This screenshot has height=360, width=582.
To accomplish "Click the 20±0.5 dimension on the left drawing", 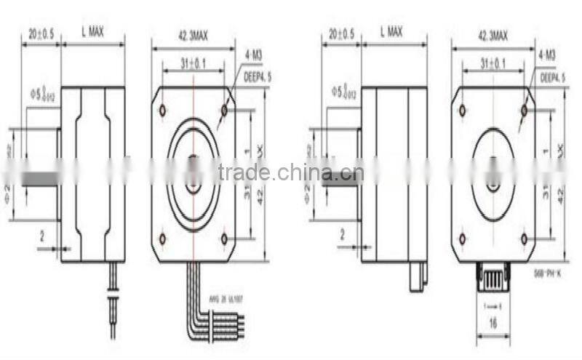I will pyautogui.click(x=41, y=33).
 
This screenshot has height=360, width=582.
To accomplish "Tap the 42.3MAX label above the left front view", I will pyautogui.click(x=193, y=35).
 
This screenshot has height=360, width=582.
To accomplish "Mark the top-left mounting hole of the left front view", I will pyautogui.click(x=162, y=111).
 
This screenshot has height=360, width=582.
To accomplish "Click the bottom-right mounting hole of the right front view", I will pyautogui.click(x=524, y=239).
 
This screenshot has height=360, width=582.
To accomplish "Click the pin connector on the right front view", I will pyautogui.click(x=494, y=276).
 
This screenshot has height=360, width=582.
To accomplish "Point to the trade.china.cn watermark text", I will pyautogui.click(x=291, y=173).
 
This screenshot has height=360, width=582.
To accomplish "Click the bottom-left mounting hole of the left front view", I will pyautogui.click(x=162, y=239).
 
